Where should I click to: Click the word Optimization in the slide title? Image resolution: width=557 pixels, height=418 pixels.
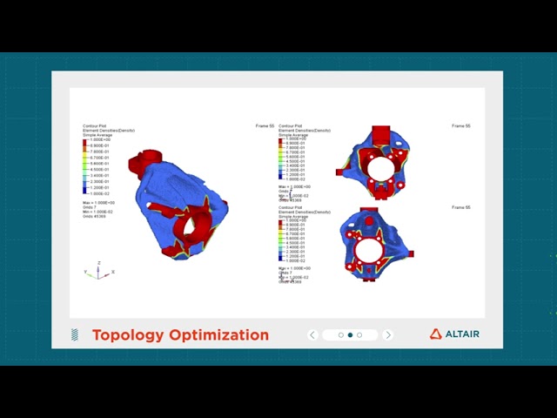(218, 335)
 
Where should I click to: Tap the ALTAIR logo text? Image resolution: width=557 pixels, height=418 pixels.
(462, 334)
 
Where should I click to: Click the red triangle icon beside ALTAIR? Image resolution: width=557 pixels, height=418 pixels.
(436, 334)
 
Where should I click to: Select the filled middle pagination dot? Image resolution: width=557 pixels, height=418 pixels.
(350, 335)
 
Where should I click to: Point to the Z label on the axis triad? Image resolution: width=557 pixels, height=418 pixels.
(99, 262)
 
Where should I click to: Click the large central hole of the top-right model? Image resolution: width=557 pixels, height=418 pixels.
(379, 167)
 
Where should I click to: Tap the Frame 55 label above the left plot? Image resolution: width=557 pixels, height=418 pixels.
(265, 126)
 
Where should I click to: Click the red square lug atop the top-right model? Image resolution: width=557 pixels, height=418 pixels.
(380, 134)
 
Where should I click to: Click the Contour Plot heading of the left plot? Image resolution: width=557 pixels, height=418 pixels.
(94, 126)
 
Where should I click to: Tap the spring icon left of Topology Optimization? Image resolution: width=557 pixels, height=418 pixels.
(75, 335)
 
